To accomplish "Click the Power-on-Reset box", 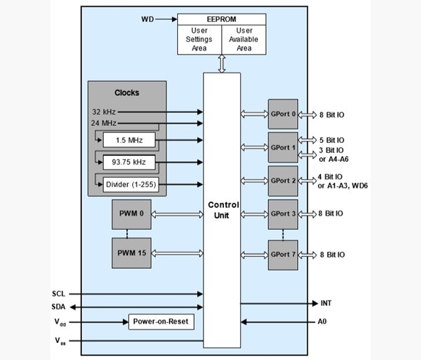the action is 161,322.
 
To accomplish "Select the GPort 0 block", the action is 283,114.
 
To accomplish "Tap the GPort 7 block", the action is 283,255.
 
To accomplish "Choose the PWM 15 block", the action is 132,253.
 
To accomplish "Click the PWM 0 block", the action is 132,214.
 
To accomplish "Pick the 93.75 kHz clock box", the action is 129,162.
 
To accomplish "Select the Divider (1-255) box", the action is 131,184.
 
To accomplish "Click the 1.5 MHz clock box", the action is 129,140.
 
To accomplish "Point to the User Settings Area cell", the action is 199,40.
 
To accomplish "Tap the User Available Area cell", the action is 244,40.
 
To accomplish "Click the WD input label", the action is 147,19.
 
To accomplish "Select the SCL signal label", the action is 58,294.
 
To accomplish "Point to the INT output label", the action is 326,303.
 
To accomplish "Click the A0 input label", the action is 322,322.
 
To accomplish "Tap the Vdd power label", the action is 60,322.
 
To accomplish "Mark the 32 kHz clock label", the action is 104,112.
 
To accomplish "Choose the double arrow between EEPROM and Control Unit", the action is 222,63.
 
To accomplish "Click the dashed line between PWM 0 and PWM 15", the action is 127,234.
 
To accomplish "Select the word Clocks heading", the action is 127,92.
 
